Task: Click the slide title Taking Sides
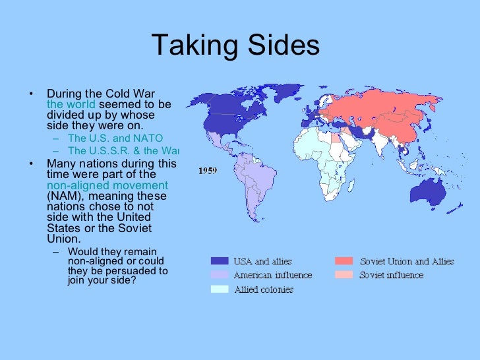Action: pos(235,45)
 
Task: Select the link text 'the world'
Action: pos(71,104)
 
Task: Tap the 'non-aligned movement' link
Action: pos(107,185)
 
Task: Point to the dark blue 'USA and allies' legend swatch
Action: pos(220,262)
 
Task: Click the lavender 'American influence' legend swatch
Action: pos(220,275)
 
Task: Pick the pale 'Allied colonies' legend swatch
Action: pos(220,289)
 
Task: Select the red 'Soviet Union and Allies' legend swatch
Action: pos(344,262)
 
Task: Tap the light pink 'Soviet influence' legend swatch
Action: pos(344,275)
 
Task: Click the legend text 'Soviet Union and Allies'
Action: pos(407,262)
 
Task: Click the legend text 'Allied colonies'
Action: pos(264,289)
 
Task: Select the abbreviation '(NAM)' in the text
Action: pos(64,196)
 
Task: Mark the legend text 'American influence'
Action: pos(273,275)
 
